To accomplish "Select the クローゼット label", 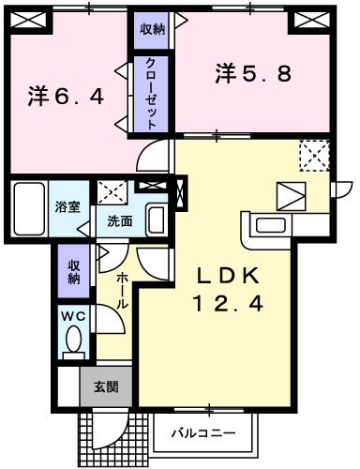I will tap(150, 92).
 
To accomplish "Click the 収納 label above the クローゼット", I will tap(153, 29).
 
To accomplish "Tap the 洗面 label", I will tap(119, 222).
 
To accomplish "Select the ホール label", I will tap(124, 291).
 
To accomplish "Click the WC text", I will tap(73, 317).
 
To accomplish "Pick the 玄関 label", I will tap(105, 386).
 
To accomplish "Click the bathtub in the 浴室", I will tap(30, 210).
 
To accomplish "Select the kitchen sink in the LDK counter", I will tap(271, 225).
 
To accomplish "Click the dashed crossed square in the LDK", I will tap(314, 155).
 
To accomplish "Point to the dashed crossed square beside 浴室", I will tap(112, 192).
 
